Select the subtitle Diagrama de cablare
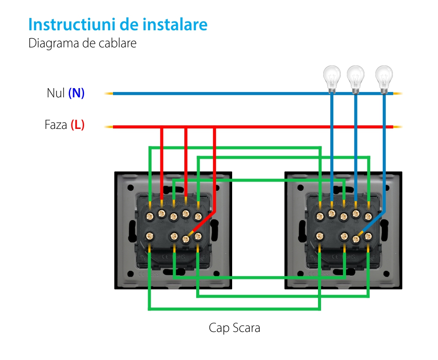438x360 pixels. (82, 43)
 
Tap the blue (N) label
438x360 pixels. (76, 93)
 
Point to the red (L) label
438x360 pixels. (78, 125)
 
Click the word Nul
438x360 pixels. (56, 93)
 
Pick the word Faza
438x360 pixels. (56, 125)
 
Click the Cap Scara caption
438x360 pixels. (234, 328)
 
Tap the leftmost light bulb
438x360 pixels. (332, 78)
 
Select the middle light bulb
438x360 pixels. (355, 78)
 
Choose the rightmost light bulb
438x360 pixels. (384, 78)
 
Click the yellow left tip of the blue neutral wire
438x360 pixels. (108, 93)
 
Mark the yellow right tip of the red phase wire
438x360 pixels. (398, 127)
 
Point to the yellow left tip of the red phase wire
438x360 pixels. (108, 127)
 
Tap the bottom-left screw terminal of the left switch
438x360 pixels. (150, 236)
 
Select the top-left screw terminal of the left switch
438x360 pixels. (150, 216)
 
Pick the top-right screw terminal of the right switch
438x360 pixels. (368, 216)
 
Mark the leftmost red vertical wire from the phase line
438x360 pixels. (162, 162)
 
